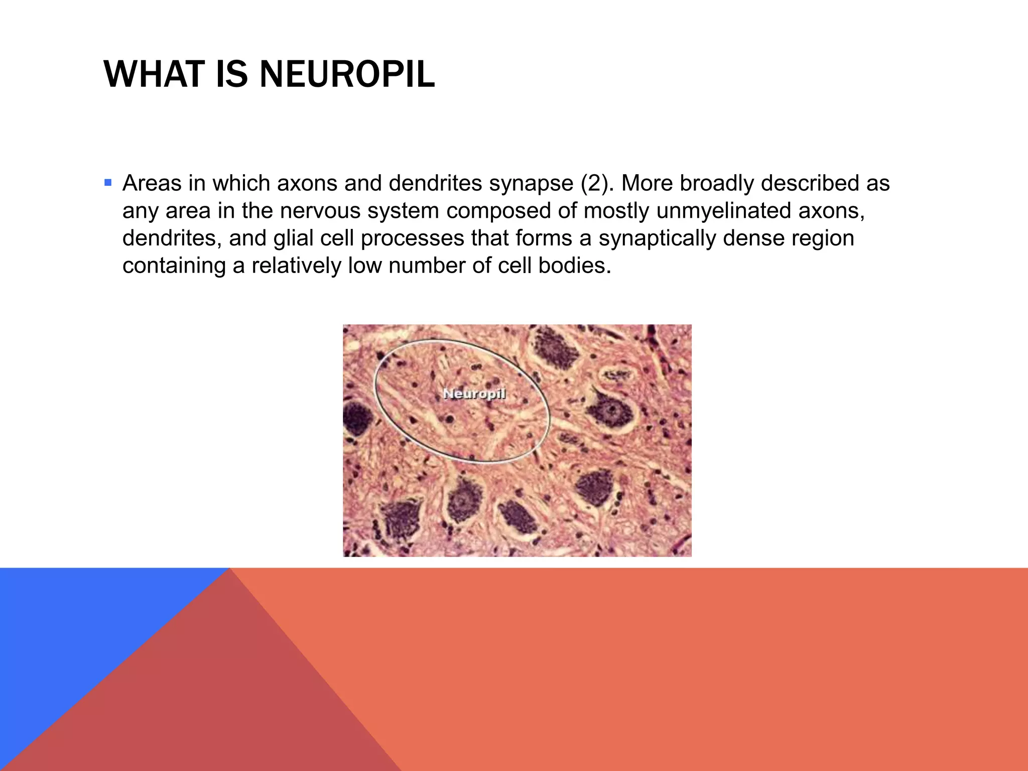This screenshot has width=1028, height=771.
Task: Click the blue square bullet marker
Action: pyautogui.click(x=108, y=182)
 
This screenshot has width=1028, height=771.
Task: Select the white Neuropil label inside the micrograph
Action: pyautogui.click(x=474, y=394)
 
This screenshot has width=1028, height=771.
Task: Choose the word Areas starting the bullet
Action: pyautogui.click(x=152, y=183)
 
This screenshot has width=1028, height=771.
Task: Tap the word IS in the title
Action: pyautogui.click(x=232, y=74)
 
